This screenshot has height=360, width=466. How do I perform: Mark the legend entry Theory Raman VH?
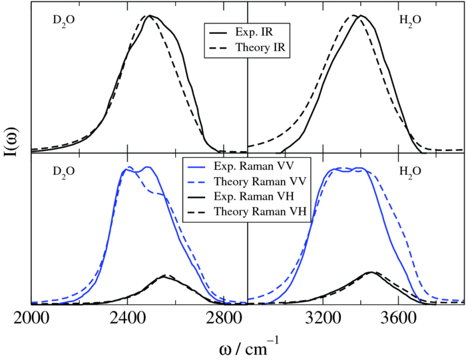coord(253,212)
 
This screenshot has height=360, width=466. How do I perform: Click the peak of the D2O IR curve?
coord(150,16)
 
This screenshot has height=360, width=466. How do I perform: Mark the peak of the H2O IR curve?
coord(359,16)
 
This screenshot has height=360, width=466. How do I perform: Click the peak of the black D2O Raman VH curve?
coord(164,277)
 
